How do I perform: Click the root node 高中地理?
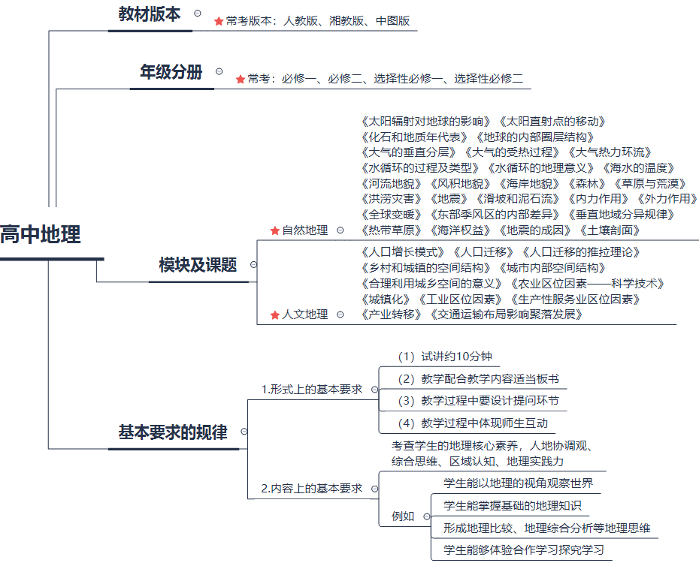click(x=41, y=234)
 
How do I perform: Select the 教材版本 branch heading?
click(x=150, y=14)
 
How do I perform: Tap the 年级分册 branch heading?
click(x=171, y=72)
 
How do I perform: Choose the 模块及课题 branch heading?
click(x=198, y=265)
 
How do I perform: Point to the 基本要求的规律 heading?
click(x=173, y=432)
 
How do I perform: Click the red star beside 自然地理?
click(x=274, y=230)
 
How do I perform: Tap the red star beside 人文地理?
click(x=274, y=315)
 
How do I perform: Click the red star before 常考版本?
click(x=219, y=21)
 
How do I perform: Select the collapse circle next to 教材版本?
click(x=198, y=13)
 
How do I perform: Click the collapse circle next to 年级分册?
click(x=219, y=71)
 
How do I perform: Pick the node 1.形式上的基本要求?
click(x=311, y=389)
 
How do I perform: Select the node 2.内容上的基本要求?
click(x=311, y=489)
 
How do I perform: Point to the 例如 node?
click(x=403, y=516)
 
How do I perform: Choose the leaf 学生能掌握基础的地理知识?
click(x=513, y=506)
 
